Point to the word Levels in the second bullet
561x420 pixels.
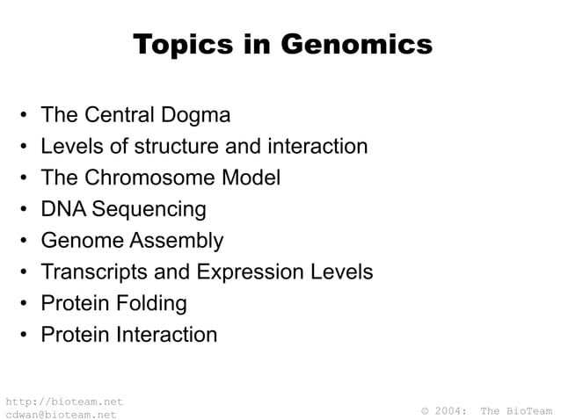[73, 147]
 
